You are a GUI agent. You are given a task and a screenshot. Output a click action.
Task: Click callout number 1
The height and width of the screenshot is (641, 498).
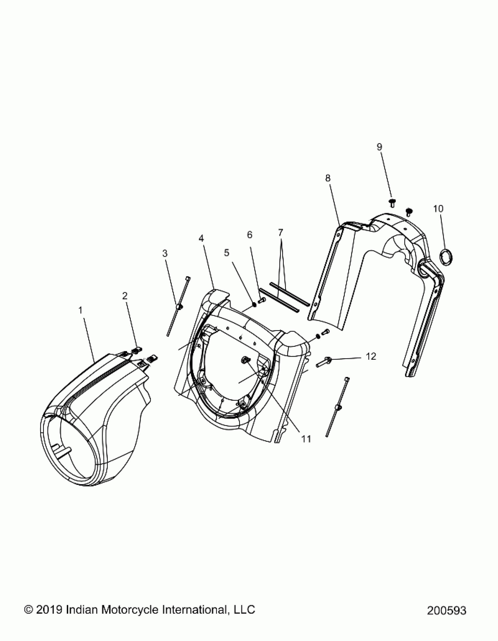tap(80, 310)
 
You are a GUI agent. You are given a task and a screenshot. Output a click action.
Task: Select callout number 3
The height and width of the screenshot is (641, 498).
tap(165, 253)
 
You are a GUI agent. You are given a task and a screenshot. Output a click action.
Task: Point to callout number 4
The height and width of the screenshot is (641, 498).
tap(201, 238)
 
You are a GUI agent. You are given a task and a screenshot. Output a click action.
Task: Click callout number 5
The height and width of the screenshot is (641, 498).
tap(226, 253)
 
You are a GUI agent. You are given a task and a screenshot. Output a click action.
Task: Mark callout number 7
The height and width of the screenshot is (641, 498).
tap(281, 233)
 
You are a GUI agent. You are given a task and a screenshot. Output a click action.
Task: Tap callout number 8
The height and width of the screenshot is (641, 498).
tap(328, 178)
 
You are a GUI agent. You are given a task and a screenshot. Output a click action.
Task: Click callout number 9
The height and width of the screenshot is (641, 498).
tap(379, 147)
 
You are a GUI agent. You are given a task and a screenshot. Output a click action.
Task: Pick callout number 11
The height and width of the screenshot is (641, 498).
tap(306, 447)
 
